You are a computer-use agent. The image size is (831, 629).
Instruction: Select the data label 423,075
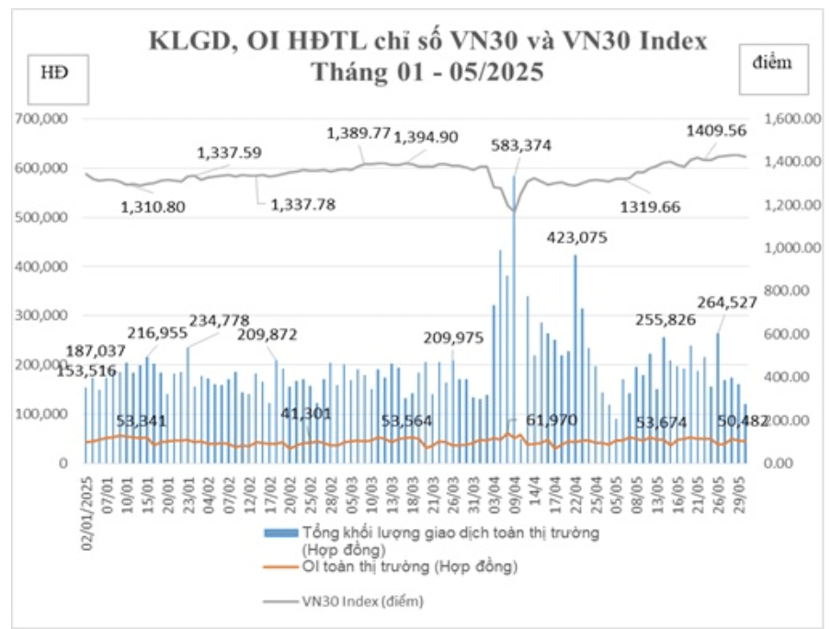pos(575,237)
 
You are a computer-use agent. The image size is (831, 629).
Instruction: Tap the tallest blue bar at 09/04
pos(514,322)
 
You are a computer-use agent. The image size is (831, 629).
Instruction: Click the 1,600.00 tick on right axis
pos(789,119)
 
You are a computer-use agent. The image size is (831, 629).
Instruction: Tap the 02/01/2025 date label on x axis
pos(88,514)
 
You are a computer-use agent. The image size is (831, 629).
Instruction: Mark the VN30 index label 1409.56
pos(716,131)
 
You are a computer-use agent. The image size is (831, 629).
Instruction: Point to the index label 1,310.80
pos(153,206)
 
